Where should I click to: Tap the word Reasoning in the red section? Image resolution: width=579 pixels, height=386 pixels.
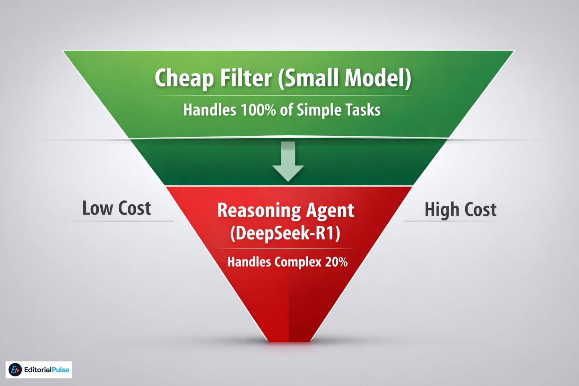tap(259, 211)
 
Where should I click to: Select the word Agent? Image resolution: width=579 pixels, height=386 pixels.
tap(330, 211)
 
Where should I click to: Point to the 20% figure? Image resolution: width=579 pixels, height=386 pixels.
tap(336, 262)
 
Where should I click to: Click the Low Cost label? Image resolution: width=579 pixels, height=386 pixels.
tap(117, 208)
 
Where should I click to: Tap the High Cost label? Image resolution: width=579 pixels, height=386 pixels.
tap(460, 210)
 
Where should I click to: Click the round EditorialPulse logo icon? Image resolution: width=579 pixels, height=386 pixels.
tap(15, 370)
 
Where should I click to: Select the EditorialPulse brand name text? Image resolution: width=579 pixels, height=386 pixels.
tap(46, 370)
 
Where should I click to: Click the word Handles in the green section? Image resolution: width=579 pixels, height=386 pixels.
tap(210, 110)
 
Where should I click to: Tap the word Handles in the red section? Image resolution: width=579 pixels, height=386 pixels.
tap(249, 262)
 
